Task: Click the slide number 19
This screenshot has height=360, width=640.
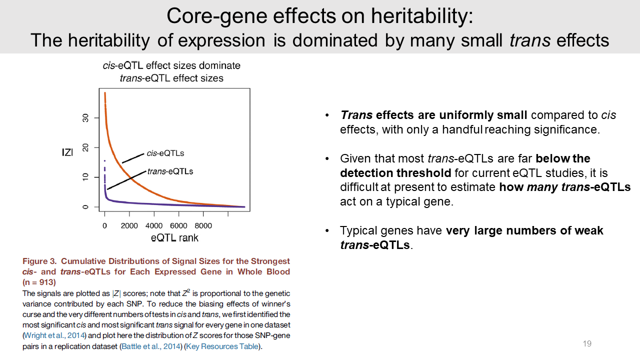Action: pos(587,343)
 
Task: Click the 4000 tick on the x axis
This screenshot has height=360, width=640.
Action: pos(153,226)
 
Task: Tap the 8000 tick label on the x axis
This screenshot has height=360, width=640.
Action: pos(203,226)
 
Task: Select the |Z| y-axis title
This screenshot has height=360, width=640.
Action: pos(67,152)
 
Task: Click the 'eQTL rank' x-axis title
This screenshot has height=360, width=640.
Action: pos(174,238)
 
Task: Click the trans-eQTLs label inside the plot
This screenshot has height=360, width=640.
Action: pos(170,171)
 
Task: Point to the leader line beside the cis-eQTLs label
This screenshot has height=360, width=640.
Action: pos(133,157)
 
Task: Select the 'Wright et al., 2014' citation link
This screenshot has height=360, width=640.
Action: pos(54,334)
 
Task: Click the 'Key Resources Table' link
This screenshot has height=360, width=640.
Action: pos(223,346)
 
